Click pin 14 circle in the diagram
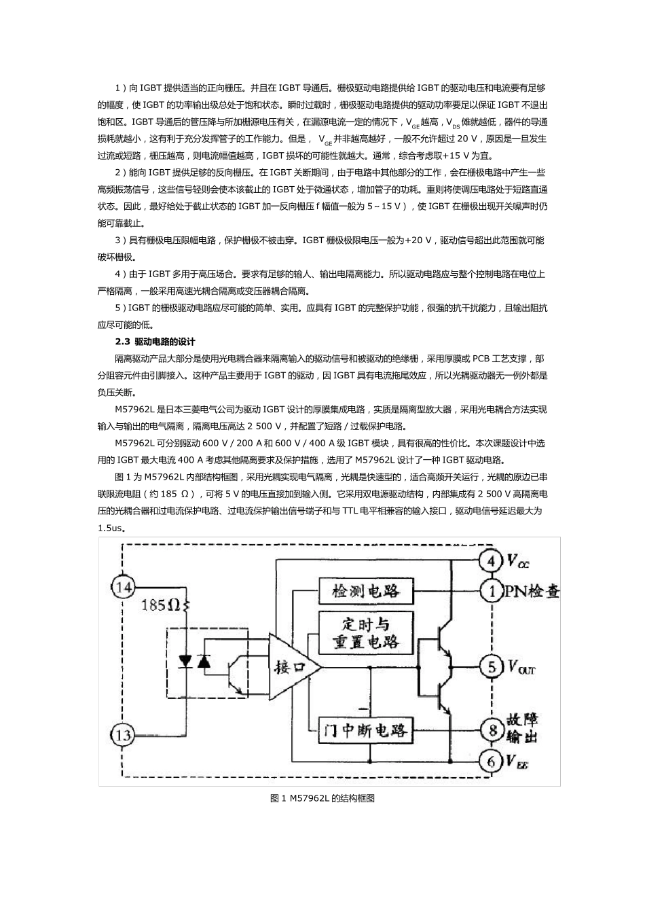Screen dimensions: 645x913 point(123,586)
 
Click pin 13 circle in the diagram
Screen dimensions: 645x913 point(123,734)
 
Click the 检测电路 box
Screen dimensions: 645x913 point(366,590)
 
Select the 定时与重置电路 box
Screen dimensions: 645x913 point(366,632)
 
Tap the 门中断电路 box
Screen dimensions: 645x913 point(366,730)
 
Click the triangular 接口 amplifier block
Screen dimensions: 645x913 point(292,667)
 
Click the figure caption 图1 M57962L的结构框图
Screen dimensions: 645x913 point(322,799)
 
